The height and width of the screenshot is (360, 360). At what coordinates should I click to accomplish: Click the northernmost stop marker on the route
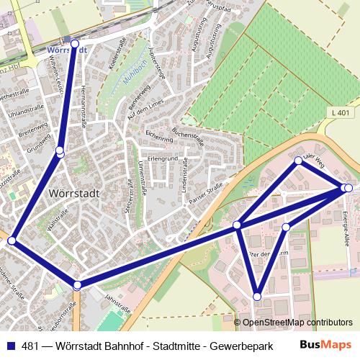click(x=75, y=44)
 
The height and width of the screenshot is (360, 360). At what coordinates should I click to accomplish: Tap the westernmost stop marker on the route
click(x=11, y=240)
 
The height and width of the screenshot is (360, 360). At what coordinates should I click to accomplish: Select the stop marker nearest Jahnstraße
click(x=77, y=285)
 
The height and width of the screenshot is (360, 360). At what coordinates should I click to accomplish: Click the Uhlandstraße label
click(x=22, y=113)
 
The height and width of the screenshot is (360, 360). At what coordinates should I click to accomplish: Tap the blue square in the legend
click(x=9, y=344)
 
